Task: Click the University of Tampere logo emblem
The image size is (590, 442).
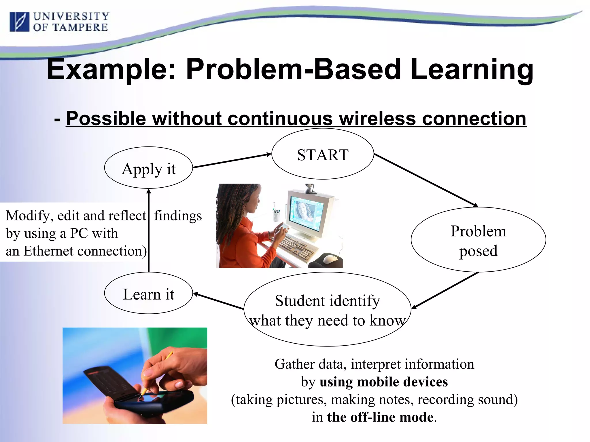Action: pyautogui.click(x=19, y=22)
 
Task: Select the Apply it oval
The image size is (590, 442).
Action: pyautogui.click(x=148, y=168)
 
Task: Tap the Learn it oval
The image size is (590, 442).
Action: pyautogui.click(x=148, y=294)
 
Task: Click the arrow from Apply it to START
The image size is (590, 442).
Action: pyautogui.click(x=232, y=161)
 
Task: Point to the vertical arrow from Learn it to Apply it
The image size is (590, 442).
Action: pyautogui.click(x=149, y=230)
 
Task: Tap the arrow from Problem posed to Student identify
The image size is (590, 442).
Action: pyautogui.click(x=445, y=290)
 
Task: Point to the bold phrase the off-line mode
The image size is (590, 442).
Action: pyautogui.click(x=380, y=417)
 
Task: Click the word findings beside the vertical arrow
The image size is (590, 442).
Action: pyautogui.click(x=178, y=216)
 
